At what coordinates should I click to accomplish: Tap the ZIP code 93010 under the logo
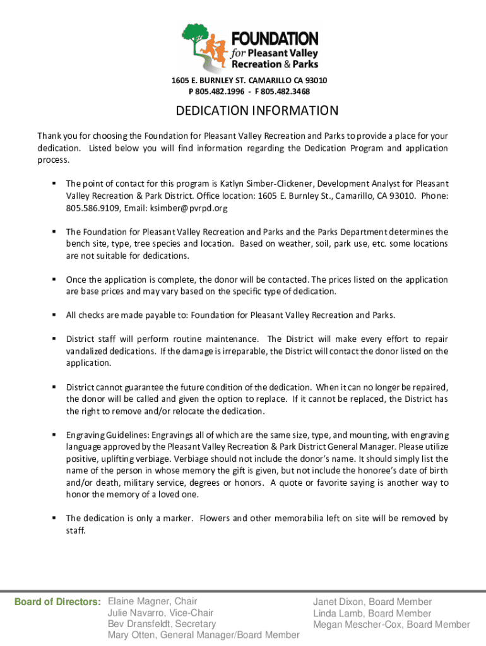316,80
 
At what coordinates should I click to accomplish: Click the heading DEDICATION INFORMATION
257,111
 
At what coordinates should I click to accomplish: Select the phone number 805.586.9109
92,208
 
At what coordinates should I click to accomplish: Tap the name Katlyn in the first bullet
234,184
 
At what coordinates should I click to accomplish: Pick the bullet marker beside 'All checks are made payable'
54,315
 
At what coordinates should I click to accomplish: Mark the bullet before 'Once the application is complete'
54,279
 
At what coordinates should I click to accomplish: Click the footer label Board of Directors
57,602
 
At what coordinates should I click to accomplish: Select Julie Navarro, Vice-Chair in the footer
160,613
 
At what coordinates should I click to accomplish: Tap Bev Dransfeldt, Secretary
162,624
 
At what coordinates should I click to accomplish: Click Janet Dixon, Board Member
372,602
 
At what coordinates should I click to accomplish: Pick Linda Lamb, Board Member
372,613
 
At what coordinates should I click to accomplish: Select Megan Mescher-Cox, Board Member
391,625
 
